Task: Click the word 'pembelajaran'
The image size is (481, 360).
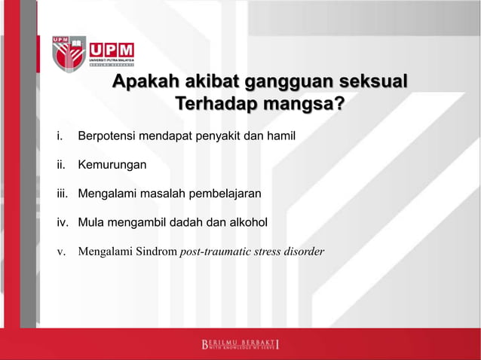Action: [225, 194]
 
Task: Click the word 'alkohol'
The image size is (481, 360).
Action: [246, 222]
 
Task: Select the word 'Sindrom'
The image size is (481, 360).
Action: [156, 251]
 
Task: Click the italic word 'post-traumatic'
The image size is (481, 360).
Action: [216, 251]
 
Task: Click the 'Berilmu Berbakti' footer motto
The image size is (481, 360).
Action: [240, 346]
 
